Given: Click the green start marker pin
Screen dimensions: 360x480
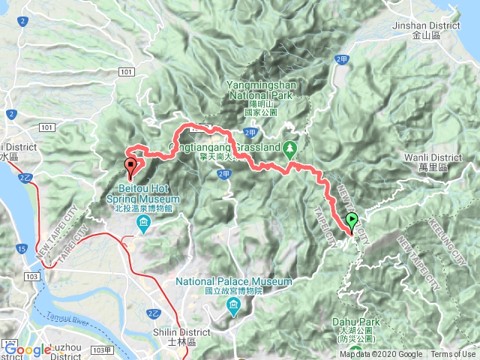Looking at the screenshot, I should point(352,220).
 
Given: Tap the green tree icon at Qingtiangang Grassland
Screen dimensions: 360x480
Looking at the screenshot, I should point(289,148).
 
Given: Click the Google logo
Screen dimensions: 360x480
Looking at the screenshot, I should point(28,349).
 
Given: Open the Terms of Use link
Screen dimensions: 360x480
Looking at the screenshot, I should point(453,355).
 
